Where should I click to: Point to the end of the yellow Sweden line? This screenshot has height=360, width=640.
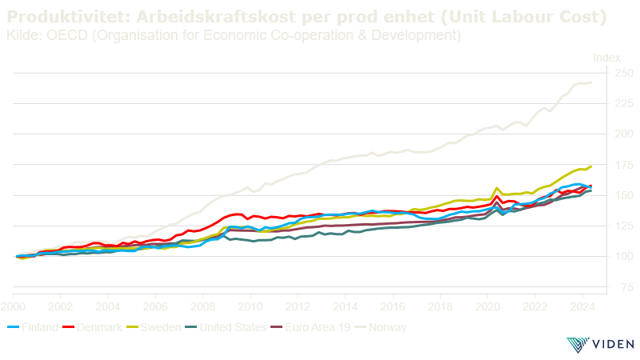[x=590, y=166]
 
